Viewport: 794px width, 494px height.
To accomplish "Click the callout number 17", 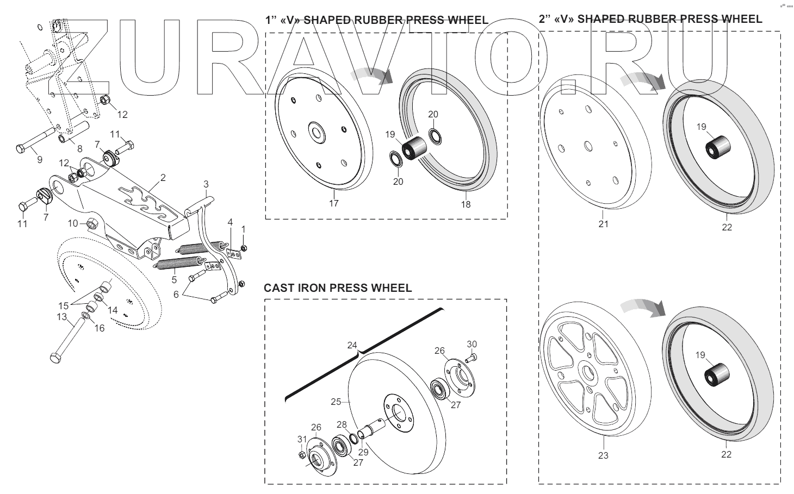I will point(333,203).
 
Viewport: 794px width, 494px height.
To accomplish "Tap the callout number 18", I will point(466,204).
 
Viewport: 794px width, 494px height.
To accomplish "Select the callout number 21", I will point(603,223).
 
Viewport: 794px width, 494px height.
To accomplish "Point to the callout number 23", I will point(603,455).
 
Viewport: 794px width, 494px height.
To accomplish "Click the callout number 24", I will point(352,345).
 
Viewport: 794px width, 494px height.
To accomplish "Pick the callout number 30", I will point(472,344).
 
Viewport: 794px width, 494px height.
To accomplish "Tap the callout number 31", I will point(302,439).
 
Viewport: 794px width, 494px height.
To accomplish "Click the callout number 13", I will point(61,316).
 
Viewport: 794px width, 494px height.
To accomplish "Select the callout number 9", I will point(39,160).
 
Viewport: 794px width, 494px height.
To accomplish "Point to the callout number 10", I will point(73,223).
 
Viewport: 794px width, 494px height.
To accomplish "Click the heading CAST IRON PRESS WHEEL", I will point(338,287).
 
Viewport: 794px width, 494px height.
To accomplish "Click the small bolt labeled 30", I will point(472,357).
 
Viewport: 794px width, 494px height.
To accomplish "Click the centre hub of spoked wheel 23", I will point(588,373).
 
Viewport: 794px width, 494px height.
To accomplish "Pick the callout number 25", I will point(336,402).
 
